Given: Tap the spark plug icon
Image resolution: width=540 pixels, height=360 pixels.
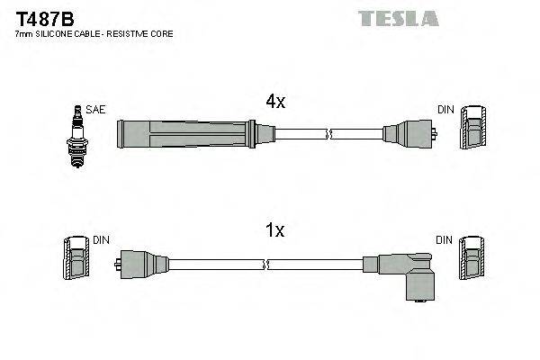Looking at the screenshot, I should click(76, 134).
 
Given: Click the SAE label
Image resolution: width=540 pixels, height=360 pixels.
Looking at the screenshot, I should click(96, 110).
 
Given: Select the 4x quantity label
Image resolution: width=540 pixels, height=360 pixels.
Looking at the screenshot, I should click(274, 103).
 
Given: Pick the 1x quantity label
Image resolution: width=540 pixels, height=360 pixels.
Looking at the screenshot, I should click(274, 231).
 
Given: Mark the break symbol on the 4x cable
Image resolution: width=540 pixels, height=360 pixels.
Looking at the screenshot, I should click(329, 135).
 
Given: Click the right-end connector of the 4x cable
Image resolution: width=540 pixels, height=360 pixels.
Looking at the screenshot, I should click(409, 135).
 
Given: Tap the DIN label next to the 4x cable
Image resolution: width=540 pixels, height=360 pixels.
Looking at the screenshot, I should click(445, 110).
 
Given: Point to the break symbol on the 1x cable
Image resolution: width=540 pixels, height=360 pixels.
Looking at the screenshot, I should click(266, 265).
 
